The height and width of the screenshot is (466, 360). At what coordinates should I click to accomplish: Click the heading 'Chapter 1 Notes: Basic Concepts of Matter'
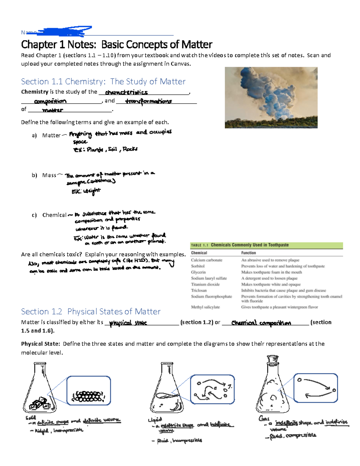click(x=116, y=45)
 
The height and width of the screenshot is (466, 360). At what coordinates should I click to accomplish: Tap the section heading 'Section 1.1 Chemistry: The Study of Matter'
click(x=103, y=82)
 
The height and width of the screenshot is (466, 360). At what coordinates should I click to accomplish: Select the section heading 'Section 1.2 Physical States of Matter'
click(x=91, y=311)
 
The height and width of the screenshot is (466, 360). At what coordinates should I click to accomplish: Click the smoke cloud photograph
click(x=271, y=98)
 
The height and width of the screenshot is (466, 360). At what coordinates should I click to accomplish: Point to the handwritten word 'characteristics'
click(x=126, y=92)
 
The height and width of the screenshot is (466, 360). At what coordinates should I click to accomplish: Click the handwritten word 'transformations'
click(x=148, y=101)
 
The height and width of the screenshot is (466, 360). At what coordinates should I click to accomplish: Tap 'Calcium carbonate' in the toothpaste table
click(x=206, y=260)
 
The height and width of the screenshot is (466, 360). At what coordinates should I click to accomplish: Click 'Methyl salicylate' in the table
click(x=205, y=307)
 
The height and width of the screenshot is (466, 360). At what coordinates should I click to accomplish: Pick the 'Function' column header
click(x=248, y=253)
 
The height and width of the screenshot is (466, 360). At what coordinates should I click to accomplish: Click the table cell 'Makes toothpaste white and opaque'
click(x=271, y=284)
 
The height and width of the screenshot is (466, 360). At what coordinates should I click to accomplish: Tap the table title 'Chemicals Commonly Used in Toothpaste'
click(x=250, y=245)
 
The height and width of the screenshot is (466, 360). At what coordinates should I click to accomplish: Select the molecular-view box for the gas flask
click(x=316, y=388)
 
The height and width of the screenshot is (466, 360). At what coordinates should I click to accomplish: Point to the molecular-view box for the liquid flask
click(x=212, y=389)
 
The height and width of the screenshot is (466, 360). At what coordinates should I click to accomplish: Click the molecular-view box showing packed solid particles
click(x=88, y=391)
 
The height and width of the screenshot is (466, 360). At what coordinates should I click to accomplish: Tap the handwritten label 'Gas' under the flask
click(x=264, y=418)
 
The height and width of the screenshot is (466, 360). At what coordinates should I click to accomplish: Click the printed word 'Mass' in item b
click(x=49, y=175)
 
